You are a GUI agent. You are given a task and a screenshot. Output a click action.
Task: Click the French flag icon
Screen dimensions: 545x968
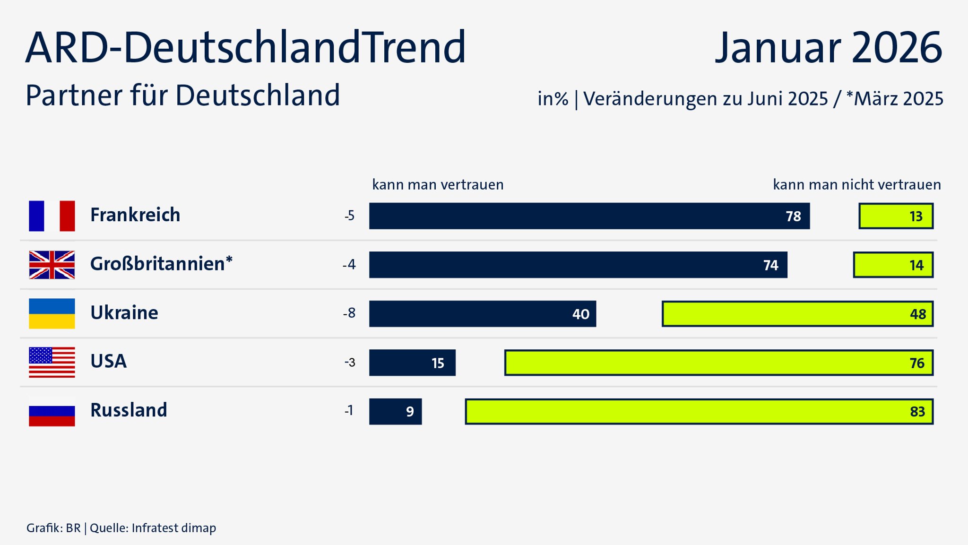tap(52, 216)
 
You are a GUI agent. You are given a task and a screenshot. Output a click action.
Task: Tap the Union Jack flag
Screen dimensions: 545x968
tap(52, 265)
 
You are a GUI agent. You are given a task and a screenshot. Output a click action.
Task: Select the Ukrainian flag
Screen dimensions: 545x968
tap(52, 313)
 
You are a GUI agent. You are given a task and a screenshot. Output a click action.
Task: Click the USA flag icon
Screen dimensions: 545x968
tap(52, 362)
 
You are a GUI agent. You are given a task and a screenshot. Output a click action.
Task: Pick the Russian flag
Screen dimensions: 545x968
tap(52, 411)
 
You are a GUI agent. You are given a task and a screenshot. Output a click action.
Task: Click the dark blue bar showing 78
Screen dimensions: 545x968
tap(589, 216)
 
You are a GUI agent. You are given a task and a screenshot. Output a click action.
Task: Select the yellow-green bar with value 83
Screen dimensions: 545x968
tap(699, 411)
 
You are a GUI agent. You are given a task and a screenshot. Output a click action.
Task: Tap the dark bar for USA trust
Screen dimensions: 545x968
tap(412, 363)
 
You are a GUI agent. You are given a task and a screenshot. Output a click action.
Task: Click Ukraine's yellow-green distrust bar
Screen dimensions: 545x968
tap(797, 314)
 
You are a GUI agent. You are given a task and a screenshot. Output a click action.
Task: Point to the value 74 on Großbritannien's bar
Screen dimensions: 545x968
tap(770, 265)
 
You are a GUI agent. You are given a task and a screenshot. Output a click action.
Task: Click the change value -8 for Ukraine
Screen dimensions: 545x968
tap(349, 313)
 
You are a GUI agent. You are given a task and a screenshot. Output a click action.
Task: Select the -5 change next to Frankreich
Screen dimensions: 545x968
tap(349, 216)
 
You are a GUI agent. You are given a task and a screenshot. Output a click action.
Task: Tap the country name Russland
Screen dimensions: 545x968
tap(129, 410)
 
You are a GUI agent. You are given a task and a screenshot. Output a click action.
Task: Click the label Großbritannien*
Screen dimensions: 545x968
tap(161, 264)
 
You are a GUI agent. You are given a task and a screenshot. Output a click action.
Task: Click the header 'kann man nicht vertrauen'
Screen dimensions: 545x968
tap(856, 184)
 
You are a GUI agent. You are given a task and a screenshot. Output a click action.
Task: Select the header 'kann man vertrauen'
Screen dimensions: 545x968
tap(438, 184)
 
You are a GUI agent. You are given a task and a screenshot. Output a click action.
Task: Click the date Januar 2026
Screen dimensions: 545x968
tap(828, 47)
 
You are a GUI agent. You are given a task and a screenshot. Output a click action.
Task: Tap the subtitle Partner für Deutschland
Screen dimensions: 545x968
tap(182, 95)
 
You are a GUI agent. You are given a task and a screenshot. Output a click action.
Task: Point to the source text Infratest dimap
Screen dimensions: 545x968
tap(173, 528)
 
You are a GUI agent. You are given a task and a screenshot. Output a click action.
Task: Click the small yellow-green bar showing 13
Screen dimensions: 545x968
tap(896, 216)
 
